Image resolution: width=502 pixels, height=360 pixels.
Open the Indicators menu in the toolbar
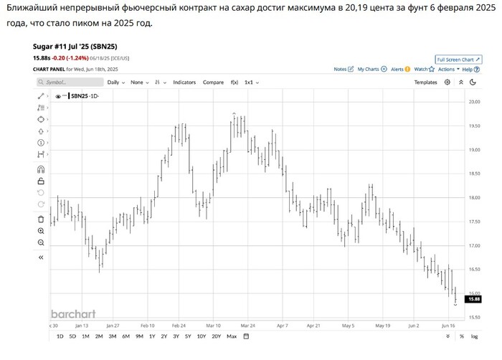pos(184,82)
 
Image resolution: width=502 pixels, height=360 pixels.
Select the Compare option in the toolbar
pos(213,82)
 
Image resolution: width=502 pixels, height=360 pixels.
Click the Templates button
pos(425,82)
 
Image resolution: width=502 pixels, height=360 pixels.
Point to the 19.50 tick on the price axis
pos(474,126)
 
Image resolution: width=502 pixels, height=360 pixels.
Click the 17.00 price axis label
pos(474,246)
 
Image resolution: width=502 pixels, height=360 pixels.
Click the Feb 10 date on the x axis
pos(148,324)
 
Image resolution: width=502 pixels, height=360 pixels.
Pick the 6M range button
pos(126,336)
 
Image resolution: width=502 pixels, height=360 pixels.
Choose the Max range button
pos(231,336)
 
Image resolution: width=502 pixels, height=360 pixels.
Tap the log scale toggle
pos(474,336)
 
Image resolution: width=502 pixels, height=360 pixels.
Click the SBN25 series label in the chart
pos(85,95)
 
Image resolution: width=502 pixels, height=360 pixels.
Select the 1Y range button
pos(152,336)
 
